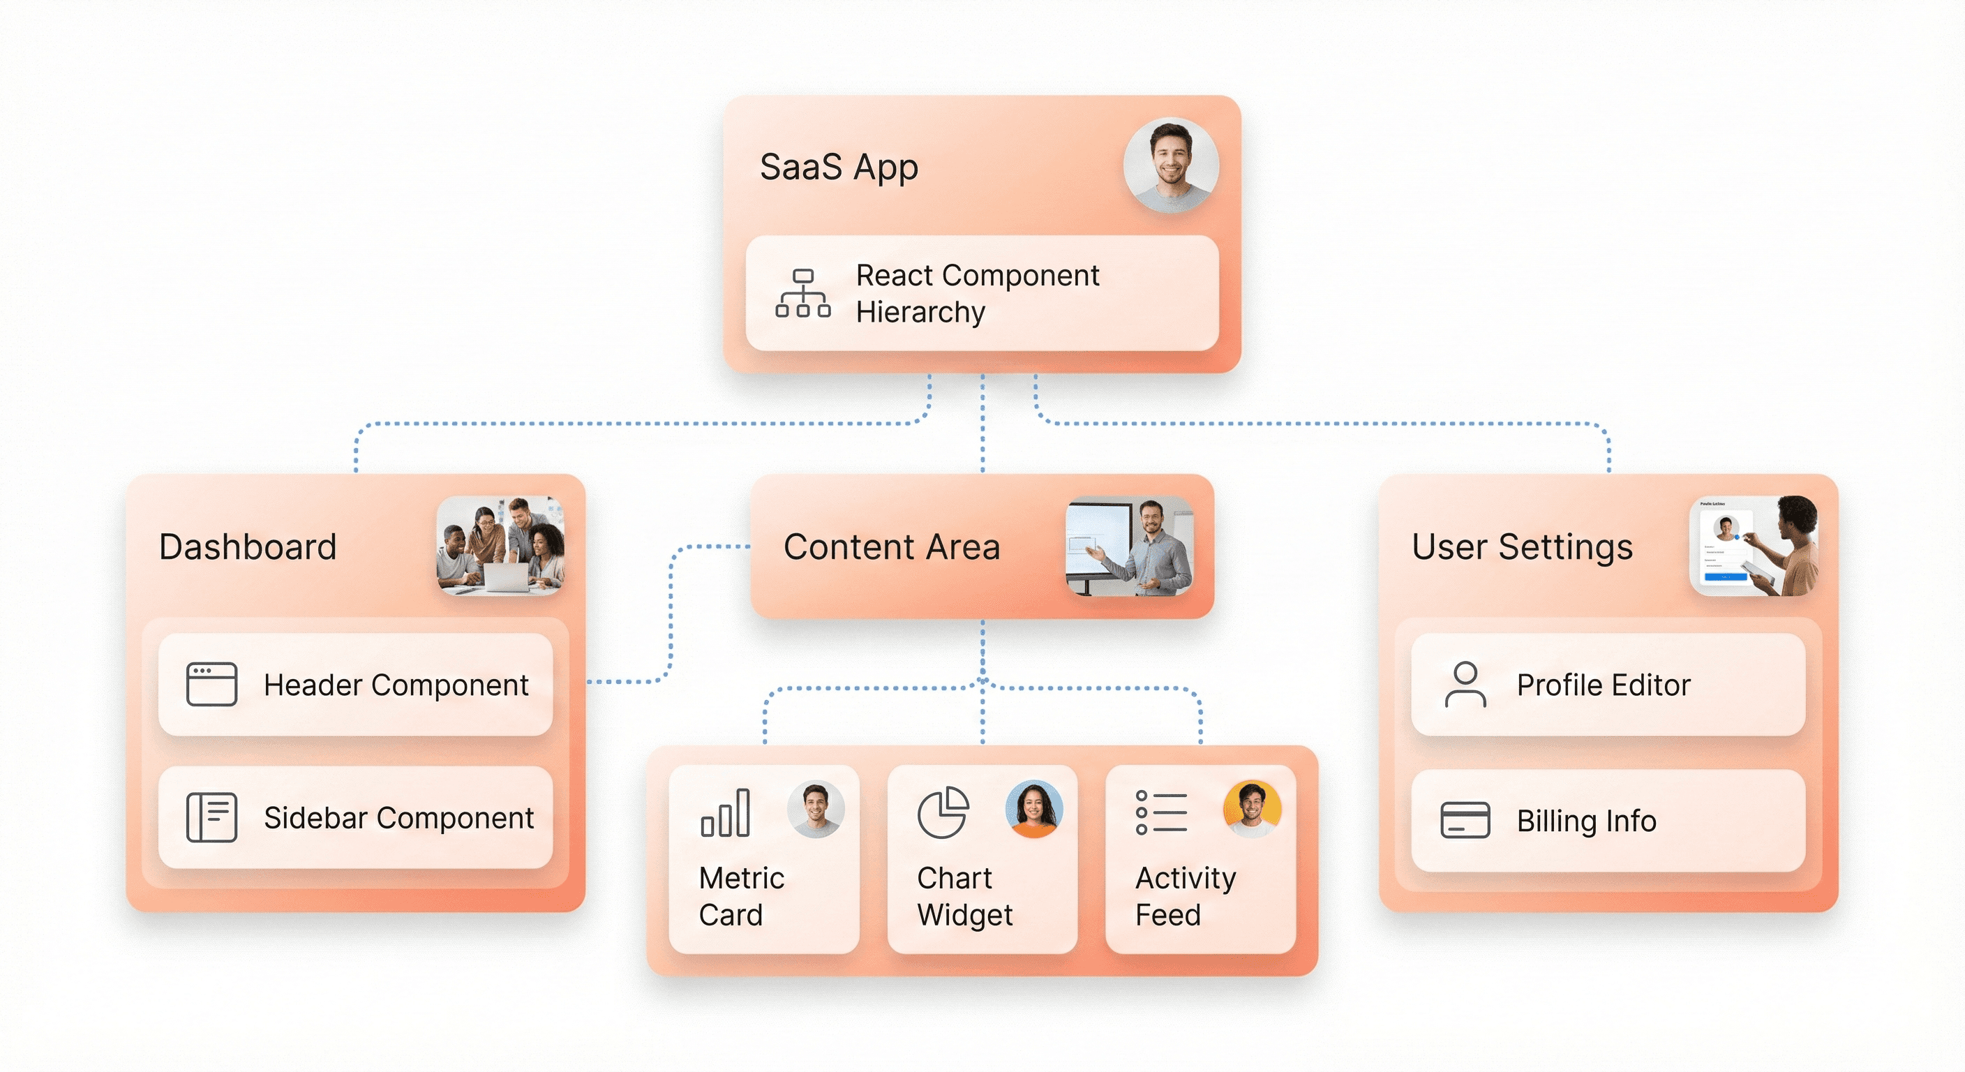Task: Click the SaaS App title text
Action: (838, 167)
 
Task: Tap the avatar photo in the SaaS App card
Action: (1170, 165)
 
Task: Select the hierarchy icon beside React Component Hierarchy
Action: (802, 293)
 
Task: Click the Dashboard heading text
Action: (247, 547)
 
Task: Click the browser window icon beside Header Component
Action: (211, 685)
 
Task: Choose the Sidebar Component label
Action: (398, 818)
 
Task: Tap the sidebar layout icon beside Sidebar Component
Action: (211, 817)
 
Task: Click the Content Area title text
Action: (891, 547)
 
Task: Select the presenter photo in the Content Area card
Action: (1129, 546)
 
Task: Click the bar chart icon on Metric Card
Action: (726, 813)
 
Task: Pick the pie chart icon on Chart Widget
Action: (943, 812)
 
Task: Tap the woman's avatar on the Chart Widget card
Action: (1033, 809)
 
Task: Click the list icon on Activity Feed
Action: (1161, 812)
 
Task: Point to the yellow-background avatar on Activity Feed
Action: (1252, 809)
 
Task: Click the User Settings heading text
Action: (1522, 547)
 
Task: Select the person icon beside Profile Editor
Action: (1465, 685)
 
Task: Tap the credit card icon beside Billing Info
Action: (1465, 820)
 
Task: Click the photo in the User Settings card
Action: (1753, 546)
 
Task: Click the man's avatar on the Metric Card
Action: (816, 809)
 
